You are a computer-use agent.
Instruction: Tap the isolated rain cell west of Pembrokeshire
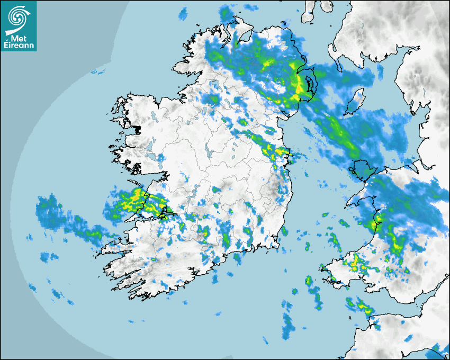(x=308, y=281)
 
